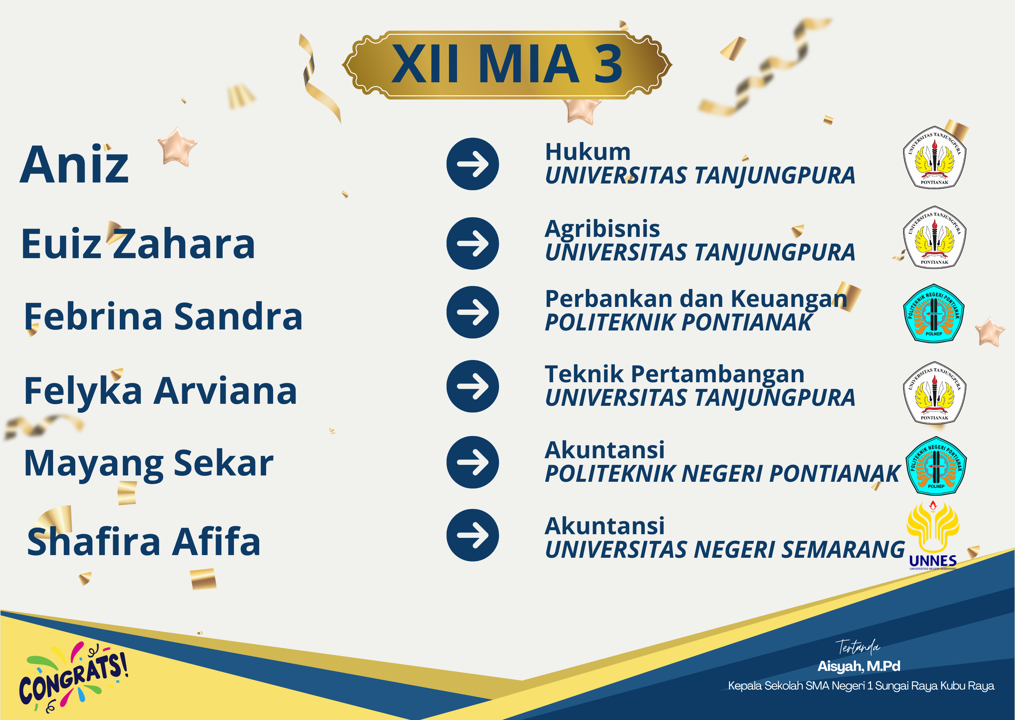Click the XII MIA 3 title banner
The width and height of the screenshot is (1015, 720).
507,65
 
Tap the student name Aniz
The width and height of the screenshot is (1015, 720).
74,165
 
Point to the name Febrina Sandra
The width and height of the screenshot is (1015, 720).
164,316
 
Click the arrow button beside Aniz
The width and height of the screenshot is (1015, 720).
472,164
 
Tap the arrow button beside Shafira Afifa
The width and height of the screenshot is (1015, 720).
472,535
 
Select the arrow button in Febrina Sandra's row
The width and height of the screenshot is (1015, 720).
472,312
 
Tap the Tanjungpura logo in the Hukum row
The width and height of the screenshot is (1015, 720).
934,157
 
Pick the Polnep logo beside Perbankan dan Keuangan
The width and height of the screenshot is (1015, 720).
933,313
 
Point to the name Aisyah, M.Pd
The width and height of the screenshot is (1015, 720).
858,666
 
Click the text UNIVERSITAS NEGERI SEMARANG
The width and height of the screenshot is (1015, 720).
725,550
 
